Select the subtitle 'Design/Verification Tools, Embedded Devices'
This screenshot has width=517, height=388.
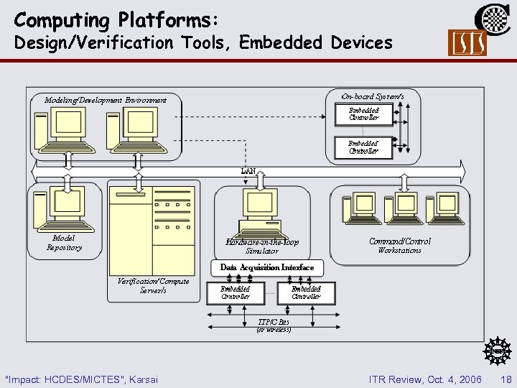pos(203,43)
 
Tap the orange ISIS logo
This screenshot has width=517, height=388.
pos(467,43)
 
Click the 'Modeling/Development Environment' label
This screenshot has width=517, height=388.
pos(106,100)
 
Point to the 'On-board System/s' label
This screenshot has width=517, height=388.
pos(372,96)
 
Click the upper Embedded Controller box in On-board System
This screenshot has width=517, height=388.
pos(364,114)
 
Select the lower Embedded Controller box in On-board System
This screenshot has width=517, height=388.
pos(364,147)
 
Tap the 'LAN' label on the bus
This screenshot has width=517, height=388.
pos(248,171)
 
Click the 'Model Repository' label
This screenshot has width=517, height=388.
pos(64,243)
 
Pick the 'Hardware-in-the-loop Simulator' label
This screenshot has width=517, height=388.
pos(262,246)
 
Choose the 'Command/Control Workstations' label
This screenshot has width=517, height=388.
pos(400,246)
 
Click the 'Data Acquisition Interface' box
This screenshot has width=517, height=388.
pos(266,267)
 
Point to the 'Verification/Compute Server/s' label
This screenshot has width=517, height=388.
pos(153,285)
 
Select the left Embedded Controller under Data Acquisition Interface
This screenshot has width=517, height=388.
pos(236,292)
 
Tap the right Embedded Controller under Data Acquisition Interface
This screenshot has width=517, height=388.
pos(306,292)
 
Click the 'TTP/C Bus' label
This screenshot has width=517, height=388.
pos(274,323)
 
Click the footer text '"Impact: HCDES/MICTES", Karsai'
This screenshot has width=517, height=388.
pos(81,379)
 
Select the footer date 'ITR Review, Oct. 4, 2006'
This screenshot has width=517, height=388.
pos(424,379)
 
